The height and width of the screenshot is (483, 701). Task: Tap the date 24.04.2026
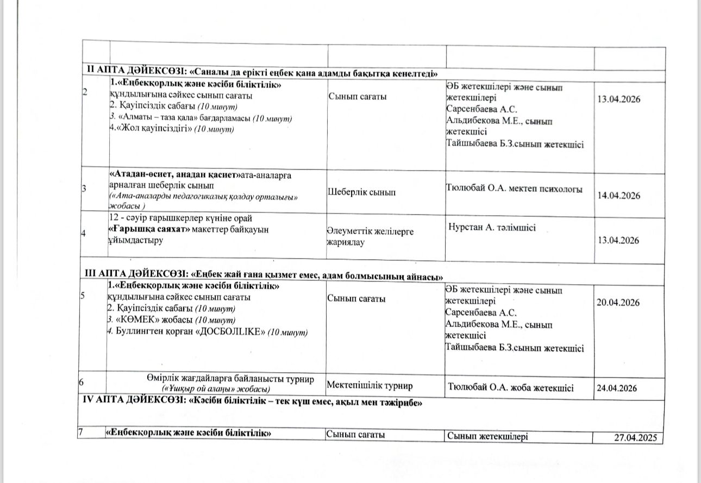(x=616, y=388)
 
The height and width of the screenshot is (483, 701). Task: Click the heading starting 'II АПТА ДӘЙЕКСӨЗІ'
(x=264, y=73)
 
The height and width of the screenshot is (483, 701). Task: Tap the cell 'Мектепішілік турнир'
(x=370, y=386)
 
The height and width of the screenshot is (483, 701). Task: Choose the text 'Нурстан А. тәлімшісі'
(x=492, y=228)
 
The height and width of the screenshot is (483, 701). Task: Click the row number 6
(x=81, y=382)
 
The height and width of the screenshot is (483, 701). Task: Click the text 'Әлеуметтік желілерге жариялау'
(x=370, y=237)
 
